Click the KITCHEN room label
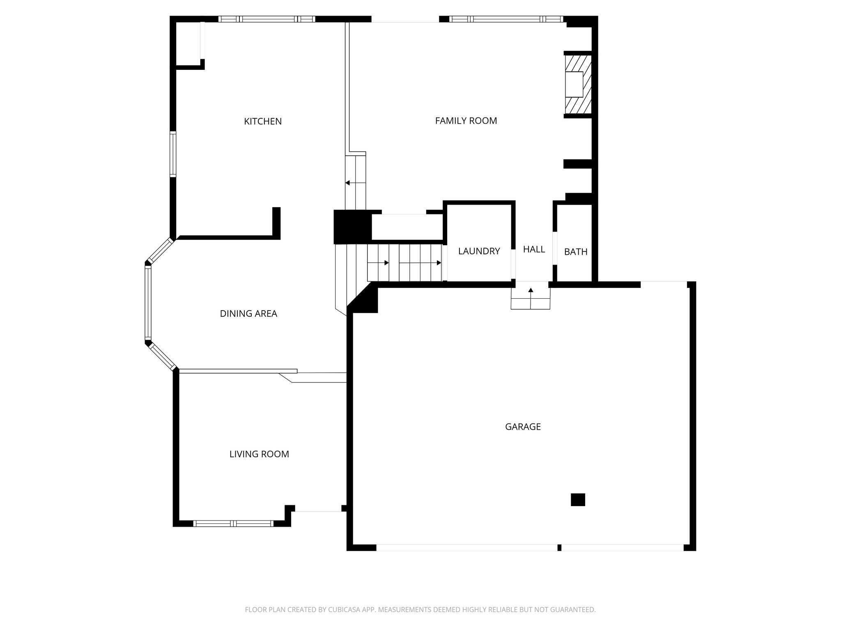[263, 122]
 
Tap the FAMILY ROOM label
[466, 121]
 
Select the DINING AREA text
[248, 314]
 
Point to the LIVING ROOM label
[259, 454]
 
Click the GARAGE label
[523, 427]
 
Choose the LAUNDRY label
[479, 251]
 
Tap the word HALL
[534, 249]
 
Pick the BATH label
[576, 252]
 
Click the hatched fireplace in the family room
[578, 84]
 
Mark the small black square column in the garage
[578, 500]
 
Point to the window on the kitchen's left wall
[173, 154]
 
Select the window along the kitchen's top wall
[267, 19]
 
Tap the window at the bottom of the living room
[233, 523]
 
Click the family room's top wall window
[506, 19]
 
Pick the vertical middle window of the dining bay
[148, 303]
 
